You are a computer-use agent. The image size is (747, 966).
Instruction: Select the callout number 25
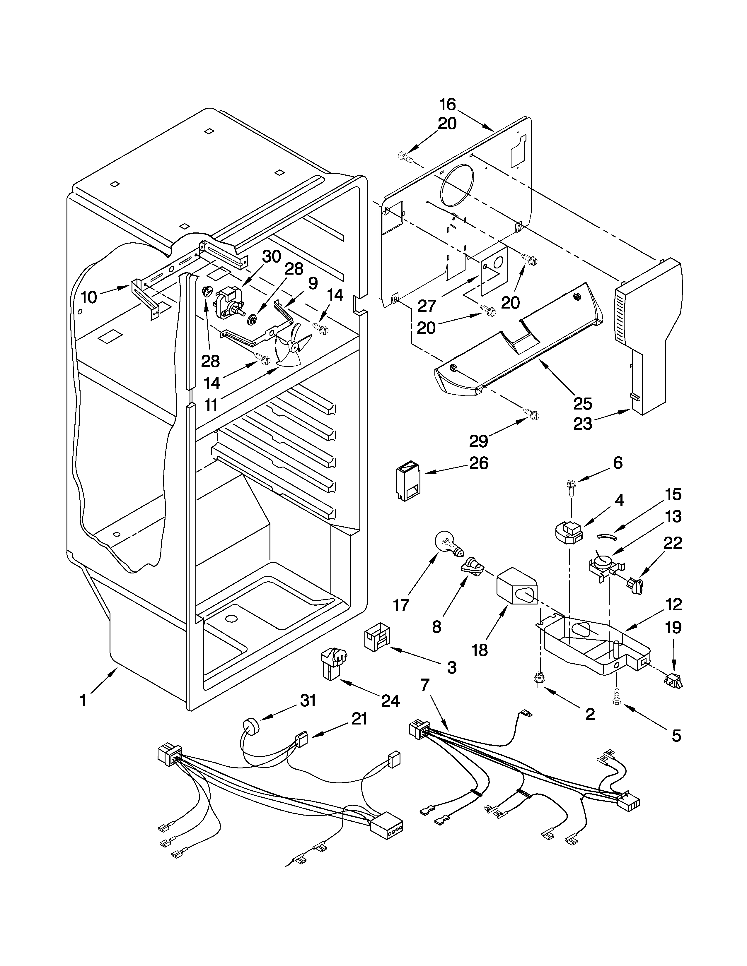coord(582,403)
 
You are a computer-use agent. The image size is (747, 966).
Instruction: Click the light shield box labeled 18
coord(516,586)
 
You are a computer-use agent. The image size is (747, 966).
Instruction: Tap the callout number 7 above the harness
coord(425,685)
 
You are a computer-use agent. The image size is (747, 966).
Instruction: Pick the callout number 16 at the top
coord(447,105)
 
